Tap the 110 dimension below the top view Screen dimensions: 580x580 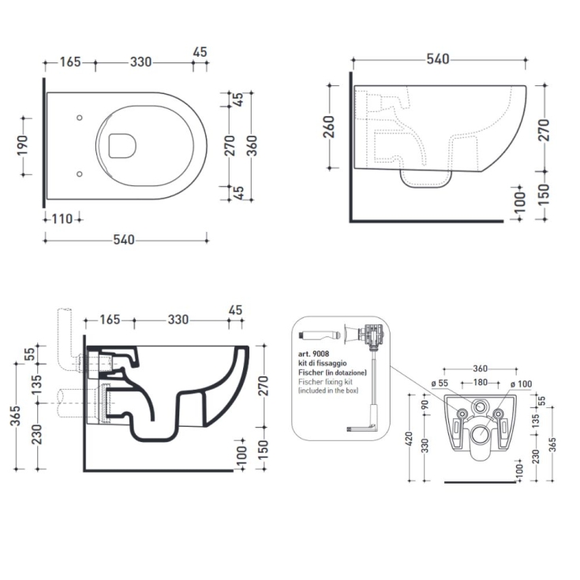(x=62, y=219)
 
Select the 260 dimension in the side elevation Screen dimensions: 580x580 (x=330, y=126)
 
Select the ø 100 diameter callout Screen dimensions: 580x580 (x=522, y=384)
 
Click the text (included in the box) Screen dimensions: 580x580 (x=328, y=391)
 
